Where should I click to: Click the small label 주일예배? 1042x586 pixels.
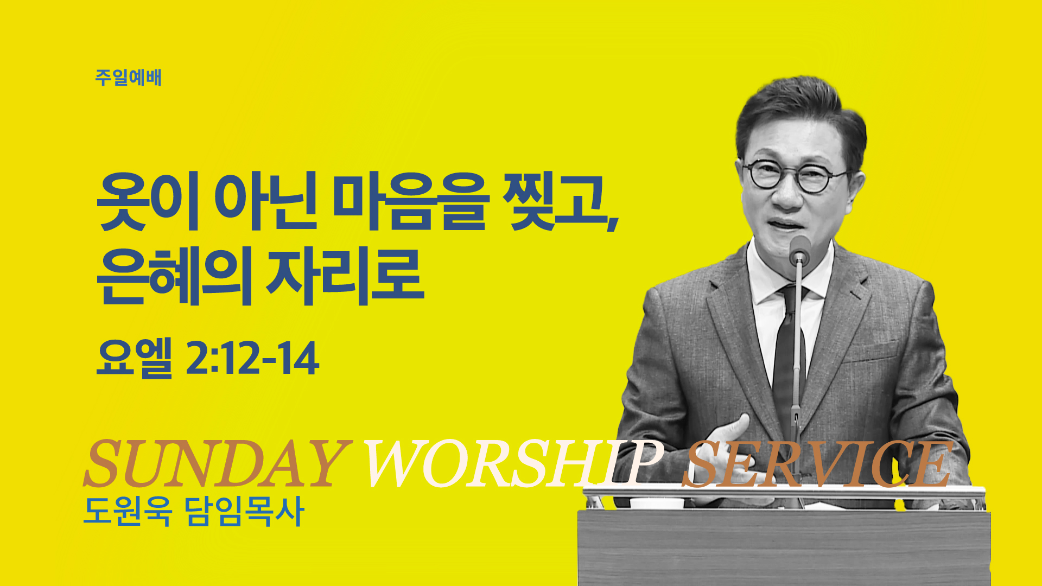128,78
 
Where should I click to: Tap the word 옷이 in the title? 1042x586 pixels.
148,201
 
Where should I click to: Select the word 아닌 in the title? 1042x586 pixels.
265,201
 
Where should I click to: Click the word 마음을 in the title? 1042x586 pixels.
411,201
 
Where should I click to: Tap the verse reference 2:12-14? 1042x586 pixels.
252,358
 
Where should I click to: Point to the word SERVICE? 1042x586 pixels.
817,463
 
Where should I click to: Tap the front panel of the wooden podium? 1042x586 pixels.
784,548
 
